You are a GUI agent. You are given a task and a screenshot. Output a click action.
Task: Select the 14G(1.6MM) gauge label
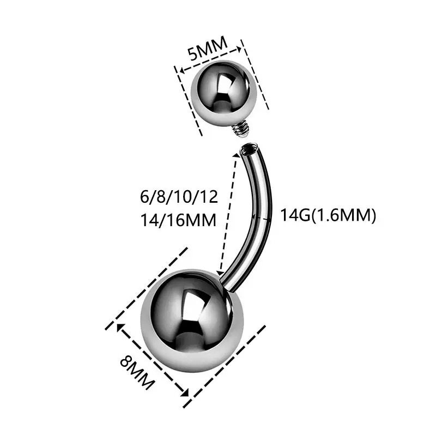(328, 215)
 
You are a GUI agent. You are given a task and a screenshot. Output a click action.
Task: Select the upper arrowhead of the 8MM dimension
(117, 326)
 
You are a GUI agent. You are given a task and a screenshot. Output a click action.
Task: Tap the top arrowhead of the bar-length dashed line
(236, 155)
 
